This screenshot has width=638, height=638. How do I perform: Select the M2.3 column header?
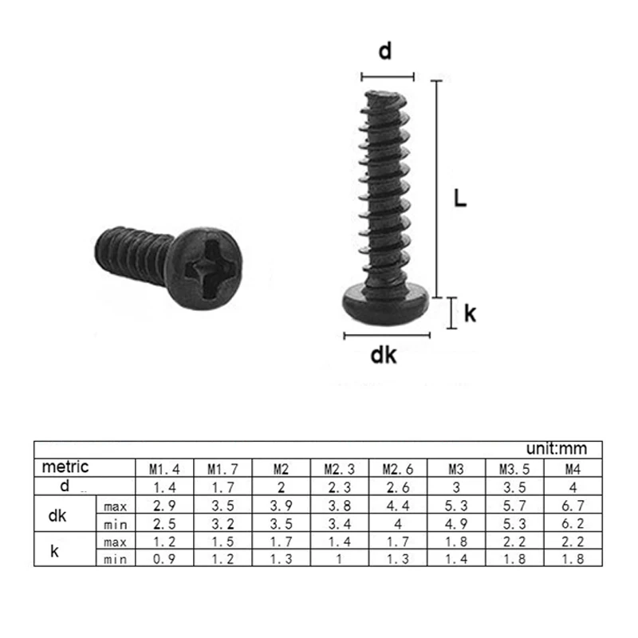click(337, 468)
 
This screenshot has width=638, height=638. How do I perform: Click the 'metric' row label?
click(65, 467)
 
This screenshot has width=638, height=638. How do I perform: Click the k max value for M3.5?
click(514, 542)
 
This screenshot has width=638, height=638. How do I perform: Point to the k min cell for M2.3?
click(337, 560)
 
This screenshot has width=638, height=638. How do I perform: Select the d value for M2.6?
click(396, 486)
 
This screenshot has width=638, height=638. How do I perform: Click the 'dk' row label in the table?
click(57, 515)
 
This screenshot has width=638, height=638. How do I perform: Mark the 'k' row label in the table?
click(54, 551)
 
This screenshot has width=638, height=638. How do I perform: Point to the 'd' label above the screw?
click(385, 53)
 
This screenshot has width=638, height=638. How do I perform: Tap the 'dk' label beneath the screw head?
click(384, 356)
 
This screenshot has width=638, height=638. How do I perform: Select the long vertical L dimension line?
click(435, 187)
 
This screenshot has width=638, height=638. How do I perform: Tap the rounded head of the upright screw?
click(386, 303)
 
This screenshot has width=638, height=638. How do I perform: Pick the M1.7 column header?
click(223, 468)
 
